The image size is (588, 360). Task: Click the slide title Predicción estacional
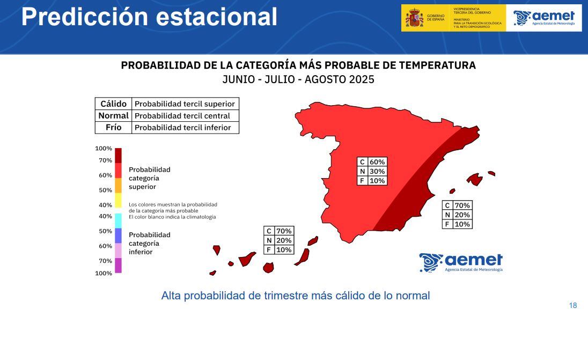click(149, 17)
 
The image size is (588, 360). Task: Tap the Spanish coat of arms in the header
click(414, 18)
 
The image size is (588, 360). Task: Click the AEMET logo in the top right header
click(544, 18)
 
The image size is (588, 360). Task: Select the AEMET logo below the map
click(461, 262)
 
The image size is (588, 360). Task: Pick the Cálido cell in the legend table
click(113, 104)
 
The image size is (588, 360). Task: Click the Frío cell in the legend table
click(113, 127)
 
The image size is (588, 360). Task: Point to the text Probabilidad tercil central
click(182, 115)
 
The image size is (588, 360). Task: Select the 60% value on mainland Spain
click(377, 162)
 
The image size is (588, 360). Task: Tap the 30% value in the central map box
click(377, 171)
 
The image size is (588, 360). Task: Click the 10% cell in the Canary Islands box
click(284, 249)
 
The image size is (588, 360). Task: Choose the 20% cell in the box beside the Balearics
click(462, 215)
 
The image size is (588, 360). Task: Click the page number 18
click(572, 305)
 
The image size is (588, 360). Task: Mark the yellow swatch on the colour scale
click(118, 200)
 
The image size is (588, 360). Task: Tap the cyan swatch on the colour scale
click(118, 221)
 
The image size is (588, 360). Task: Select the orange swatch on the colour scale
click(118, 185)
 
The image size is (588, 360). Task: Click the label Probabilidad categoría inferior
click(149, 243)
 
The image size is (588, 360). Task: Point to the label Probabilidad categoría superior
click(149, 178)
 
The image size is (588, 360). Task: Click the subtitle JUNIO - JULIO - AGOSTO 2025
click(298, 79)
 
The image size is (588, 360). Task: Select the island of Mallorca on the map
click(474, 179)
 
